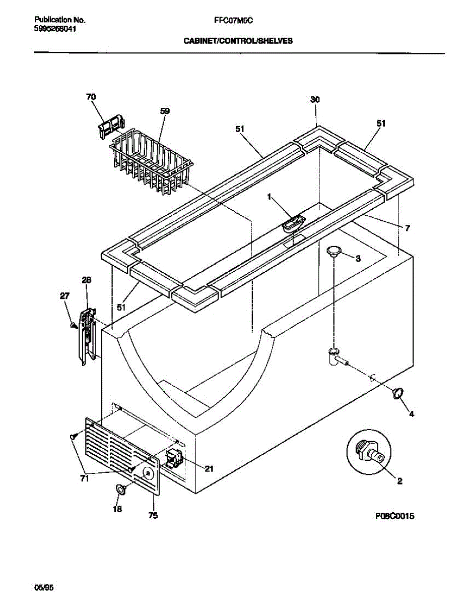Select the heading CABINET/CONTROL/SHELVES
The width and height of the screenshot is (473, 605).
[238, 41]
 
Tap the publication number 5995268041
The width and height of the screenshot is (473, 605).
[55, 29]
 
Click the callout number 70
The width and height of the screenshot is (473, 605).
[91, 97]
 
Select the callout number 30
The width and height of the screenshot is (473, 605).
[315, 100]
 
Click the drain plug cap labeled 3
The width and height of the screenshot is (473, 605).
[333, 251]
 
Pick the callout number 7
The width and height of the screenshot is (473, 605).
[408, 228]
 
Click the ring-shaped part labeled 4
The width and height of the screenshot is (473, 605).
[397, 393]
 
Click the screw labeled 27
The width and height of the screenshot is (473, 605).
[74, 326]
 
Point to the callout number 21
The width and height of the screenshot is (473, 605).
[209, 469]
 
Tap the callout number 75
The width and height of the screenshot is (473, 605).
[153, 516]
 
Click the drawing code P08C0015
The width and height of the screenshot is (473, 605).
[394, 516]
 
